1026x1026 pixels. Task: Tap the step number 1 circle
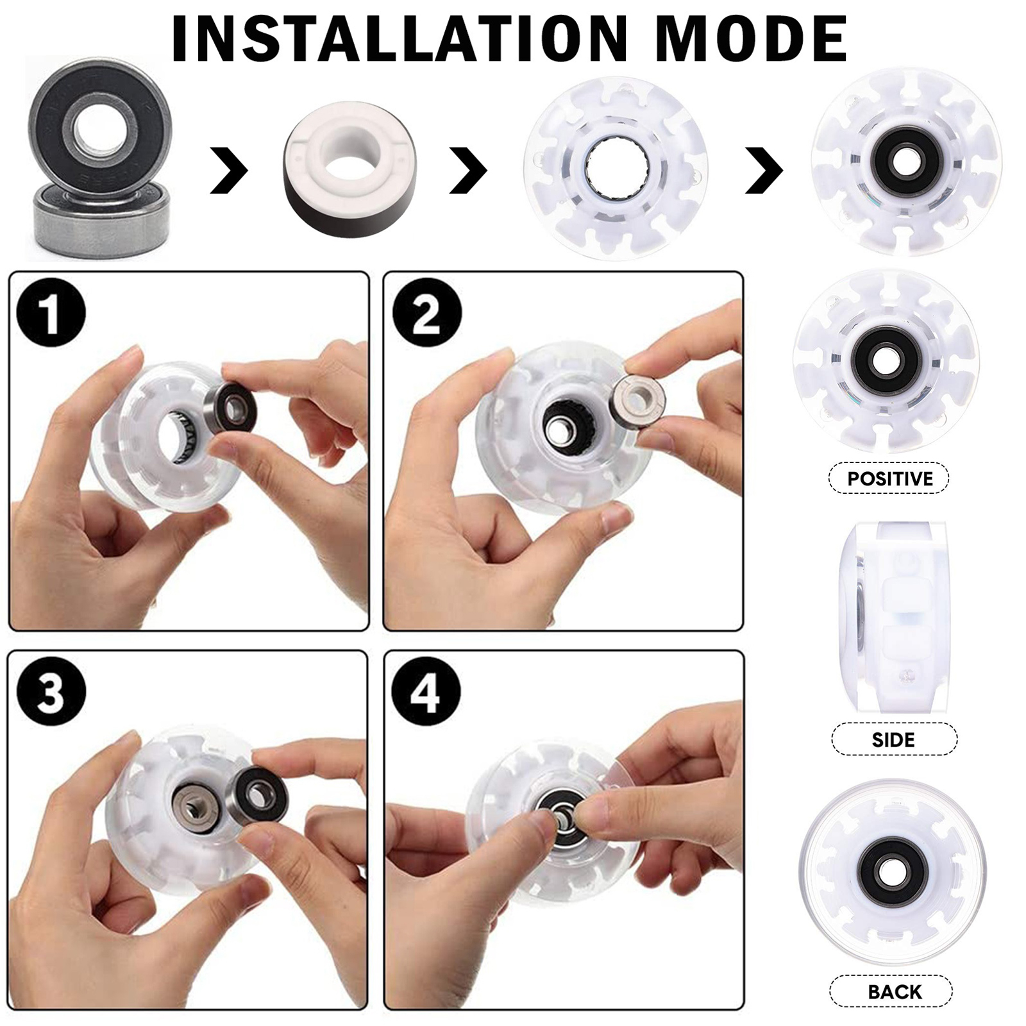pyautogui.click(x=51, y=314)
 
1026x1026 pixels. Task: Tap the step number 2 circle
pyautogui.click(x=426, y=314)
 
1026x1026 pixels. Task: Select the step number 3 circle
pyautogui.click(x=51, y=693)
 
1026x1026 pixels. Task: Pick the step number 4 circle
pyautogui.click(x=426, y=693)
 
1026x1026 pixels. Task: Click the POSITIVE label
pyautogui.click(x=889, y=478)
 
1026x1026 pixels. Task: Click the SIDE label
pyautogui.click(x=893, y=739)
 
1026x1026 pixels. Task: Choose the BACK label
pyautogui.click(x=895, y=992)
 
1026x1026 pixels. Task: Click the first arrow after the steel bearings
pyautogui.click(x=230, y=169)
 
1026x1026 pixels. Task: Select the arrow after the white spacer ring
pyautogui.click(x=469, y=169)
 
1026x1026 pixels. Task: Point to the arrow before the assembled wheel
pyautogui.click(x=764, y=171)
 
